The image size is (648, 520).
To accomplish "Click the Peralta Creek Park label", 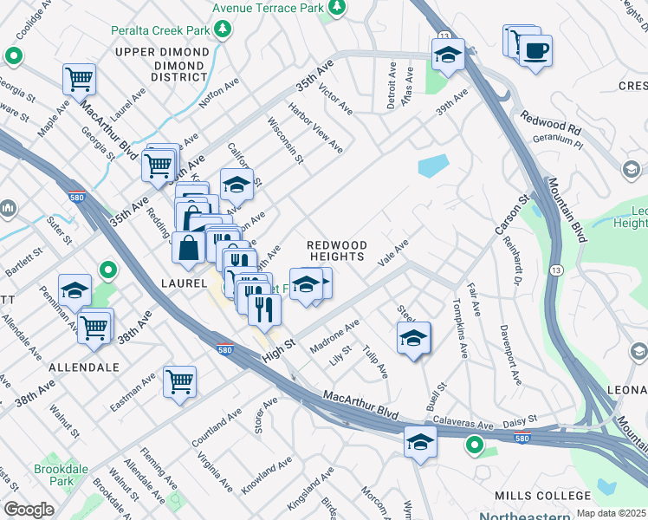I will tap(161, 30).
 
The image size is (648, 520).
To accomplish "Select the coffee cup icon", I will tap(535, 51).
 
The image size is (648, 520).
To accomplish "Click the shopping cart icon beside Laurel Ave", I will tap(79, 80).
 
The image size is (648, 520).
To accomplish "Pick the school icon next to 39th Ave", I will tap(448, 55).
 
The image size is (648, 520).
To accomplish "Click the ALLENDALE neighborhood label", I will tap(83, 367).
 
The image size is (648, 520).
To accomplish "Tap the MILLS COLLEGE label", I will tap(542, 495).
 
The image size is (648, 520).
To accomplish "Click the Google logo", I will tap(29, 510).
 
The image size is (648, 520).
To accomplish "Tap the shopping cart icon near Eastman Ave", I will tap(179, 381).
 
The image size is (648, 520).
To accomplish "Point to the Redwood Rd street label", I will tap(550, 122).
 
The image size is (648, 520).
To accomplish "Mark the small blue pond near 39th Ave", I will tap(433, 166).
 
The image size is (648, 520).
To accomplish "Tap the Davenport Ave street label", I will tap(510, 355).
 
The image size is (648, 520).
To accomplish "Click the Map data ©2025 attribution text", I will tap(612, 513).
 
